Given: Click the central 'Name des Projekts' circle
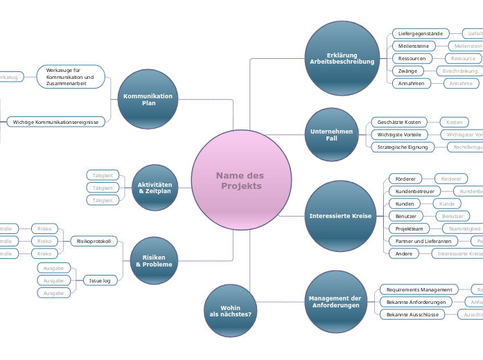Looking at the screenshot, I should [241, 181].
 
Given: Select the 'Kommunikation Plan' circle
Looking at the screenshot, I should [148, 100].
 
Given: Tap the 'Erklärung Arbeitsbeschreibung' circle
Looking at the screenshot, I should [342, 58].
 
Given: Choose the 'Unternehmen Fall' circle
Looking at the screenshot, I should [331, 134].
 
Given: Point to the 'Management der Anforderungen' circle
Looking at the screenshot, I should [335, 302].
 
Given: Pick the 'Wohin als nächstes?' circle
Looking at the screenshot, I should [230, 311].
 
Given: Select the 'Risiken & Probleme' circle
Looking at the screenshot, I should [154, 260].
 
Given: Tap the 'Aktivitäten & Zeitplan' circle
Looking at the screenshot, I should [155, 188].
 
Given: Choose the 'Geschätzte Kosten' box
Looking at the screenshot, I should [399, 122].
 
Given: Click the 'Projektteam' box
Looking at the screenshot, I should [409, 228].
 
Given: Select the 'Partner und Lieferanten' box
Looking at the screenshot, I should [422, 241].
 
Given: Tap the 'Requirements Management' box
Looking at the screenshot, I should [419, 289].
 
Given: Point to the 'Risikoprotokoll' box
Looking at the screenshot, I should [94, 241].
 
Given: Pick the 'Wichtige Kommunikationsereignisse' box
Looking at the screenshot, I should [56, 122].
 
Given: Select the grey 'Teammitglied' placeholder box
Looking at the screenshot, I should [464, 228].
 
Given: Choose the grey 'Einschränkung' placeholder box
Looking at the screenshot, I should [459, 71].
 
